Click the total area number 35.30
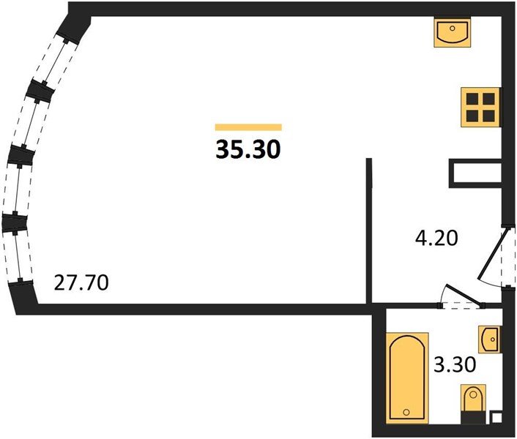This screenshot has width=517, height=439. pyautogui.click(x=248, y=149)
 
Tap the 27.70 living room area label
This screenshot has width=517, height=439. pyautogui.click(x=82, y=282)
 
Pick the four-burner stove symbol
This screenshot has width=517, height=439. pyautogui.click(x=480, y=107)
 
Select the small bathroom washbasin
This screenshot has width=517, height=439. pyautogui.click(x=490, y=339)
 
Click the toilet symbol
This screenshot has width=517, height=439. pyautogui.click(x=473, y=401)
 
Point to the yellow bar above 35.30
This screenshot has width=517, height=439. pyautogui.click(x=248, y=127)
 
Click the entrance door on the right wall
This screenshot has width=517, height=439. pyautogui.click(x=494, y=256)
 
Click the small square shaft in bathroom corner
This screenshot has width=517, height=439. pyautogui.click(x=496, y=420)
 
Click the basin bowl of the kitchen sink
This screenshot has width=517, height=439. pyautogui.click(x=452, y=31)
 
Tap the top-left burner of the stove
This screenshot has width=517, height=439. pyautogui.click(x=472, y=99)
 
